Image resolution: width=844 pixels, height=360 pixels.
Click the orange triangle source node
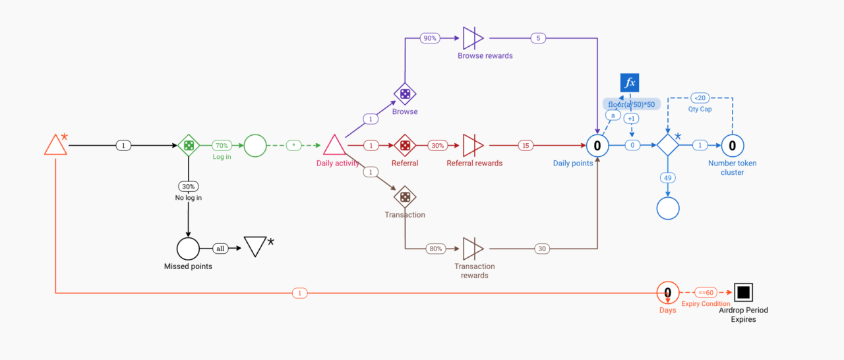[x=55, y=146]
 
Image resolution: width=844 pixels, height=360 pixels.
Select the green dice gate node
[x=189, y=145]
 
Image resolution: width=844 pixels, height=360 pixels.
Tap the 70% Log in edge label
[x=221, y=145]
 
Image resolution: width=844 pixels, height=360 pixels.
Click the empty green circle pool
[x=255, y=145]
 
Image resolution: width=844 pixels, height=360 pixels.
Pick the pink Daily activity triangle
[x=334, y=146]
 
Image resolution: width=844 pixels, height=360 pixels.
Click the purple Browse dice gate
[x=404, y=94]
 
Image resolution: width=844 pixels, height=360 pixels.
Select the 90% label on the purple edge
[x=430, y=38]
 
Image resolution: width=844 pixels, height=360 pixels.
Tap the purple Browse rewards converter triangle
[x=473, y=38]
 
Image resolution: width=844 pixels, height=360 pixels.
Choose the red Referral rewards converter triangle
[x=473, y=145]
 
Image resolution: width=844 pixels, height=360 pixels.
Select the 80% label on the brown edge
[x=435, y=249]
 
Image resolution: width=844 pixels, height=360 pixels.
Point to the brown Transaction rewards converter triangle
[x=473, y=249]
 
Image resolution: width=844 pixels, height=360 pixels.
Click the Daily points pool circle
[x=597, y=145]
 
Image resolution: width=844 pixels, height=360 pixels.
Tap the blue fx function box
[x=630, y=83]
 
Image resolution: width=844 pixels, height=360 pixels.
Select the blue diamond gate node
[x=667, y=145]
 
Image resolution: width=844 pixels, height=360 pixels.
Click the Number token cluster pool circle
[x=732, y=145]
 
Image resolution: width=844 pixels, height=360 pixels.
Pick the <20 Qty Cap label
[x=700, y=98]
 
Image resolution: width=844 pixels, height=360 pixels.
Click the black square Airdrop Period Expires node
[x=743, y=292]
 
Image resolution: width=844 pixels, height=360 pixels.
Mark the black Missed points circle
[x=188, y=249]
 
